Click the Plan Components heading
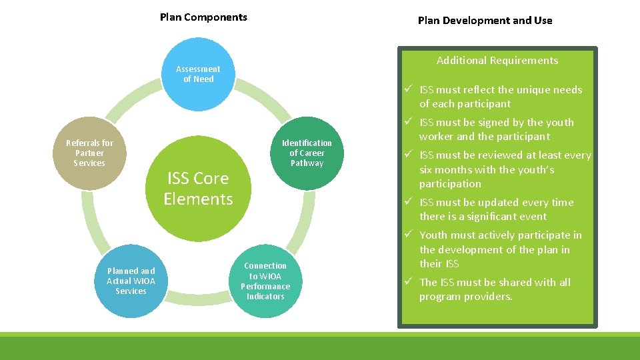point(203,17)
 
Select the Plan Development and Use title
point(485,20)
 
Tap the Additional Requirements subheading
point(497,61)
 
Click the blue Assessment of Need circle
point(198,74)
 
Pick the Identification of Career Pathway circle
point(306,153)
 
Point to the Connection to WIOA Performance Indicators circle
point(265,281)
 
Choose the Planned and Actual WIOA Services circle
point(131,281)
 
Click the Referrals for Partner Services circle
point(89,153)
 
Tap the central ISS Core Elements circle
point(198,189)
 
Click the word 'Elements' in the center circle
point(198,199)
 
